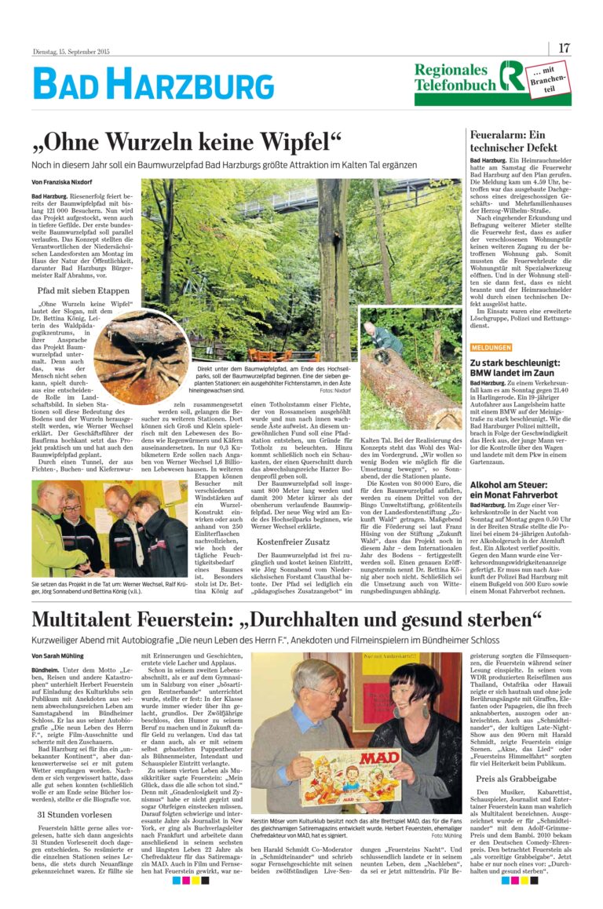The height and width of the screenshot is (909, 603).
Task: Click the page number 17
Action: coord(564,48)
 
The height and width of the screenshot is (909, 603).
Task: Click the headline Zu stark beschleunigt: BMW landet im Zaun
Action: coord(513,368)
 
